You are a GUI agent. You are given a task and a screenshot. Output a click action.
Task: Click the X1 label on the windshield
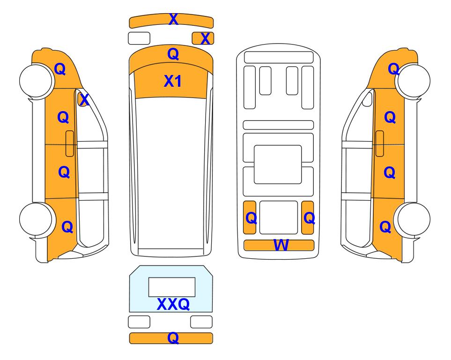click(x=172, y=81)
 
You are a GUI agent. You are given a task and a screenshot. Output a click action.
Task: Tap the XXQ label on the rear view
click(x=173, y=304)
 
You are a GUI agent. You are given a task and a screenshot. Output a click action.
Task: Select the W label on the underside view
click(x=281, y=245)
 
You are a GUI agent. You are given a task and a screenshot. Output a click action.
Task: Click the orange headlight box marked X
click(x=203, y=38)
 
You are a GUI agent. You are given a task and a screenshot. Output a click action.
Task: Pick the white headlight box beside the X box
click(x=139, y=38)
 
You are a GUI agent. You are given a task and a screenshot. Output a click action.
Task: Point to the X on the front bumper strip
click(x=173, y=19)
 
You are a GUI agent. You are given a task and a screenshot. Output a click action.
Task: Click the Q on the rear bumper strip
click(x=173, y=338)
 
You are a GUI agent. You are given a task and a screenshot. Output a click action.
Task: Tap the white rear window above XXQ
click(x=172, y=287)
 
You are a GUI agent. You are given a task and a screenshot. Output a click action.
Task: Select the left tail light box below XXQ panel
click(x=139, y=322)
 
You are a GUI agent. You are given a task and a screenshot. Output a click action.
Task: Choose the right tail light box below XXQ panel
click(x=201, y=322)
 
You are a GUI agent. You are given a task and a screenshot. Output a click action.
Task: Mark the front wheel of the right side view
click(x=414, y=81)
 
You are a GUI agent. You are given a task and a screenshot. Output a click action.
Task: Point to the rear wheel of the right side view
click(x=414, y=219)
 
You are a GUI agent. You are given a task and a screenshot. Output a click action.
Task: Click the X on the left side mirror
click(x=84, y=100)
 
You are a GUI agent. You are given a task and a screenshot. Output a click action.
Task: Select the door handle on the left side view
click(x=70, y=143)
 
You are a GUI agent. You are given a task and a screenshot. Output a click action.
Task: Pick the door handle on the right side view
click(x=380, y=143)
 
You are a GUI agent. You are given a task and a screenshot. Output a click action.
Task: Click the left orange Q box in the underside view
click(x=250, y=217)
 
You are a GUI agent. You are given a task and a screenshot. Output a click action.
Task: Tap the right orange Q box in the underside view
click(x=308, y=217)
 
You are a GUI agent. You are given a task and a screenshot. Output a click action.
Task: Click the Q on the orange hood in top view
click(x=173, y=54)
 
